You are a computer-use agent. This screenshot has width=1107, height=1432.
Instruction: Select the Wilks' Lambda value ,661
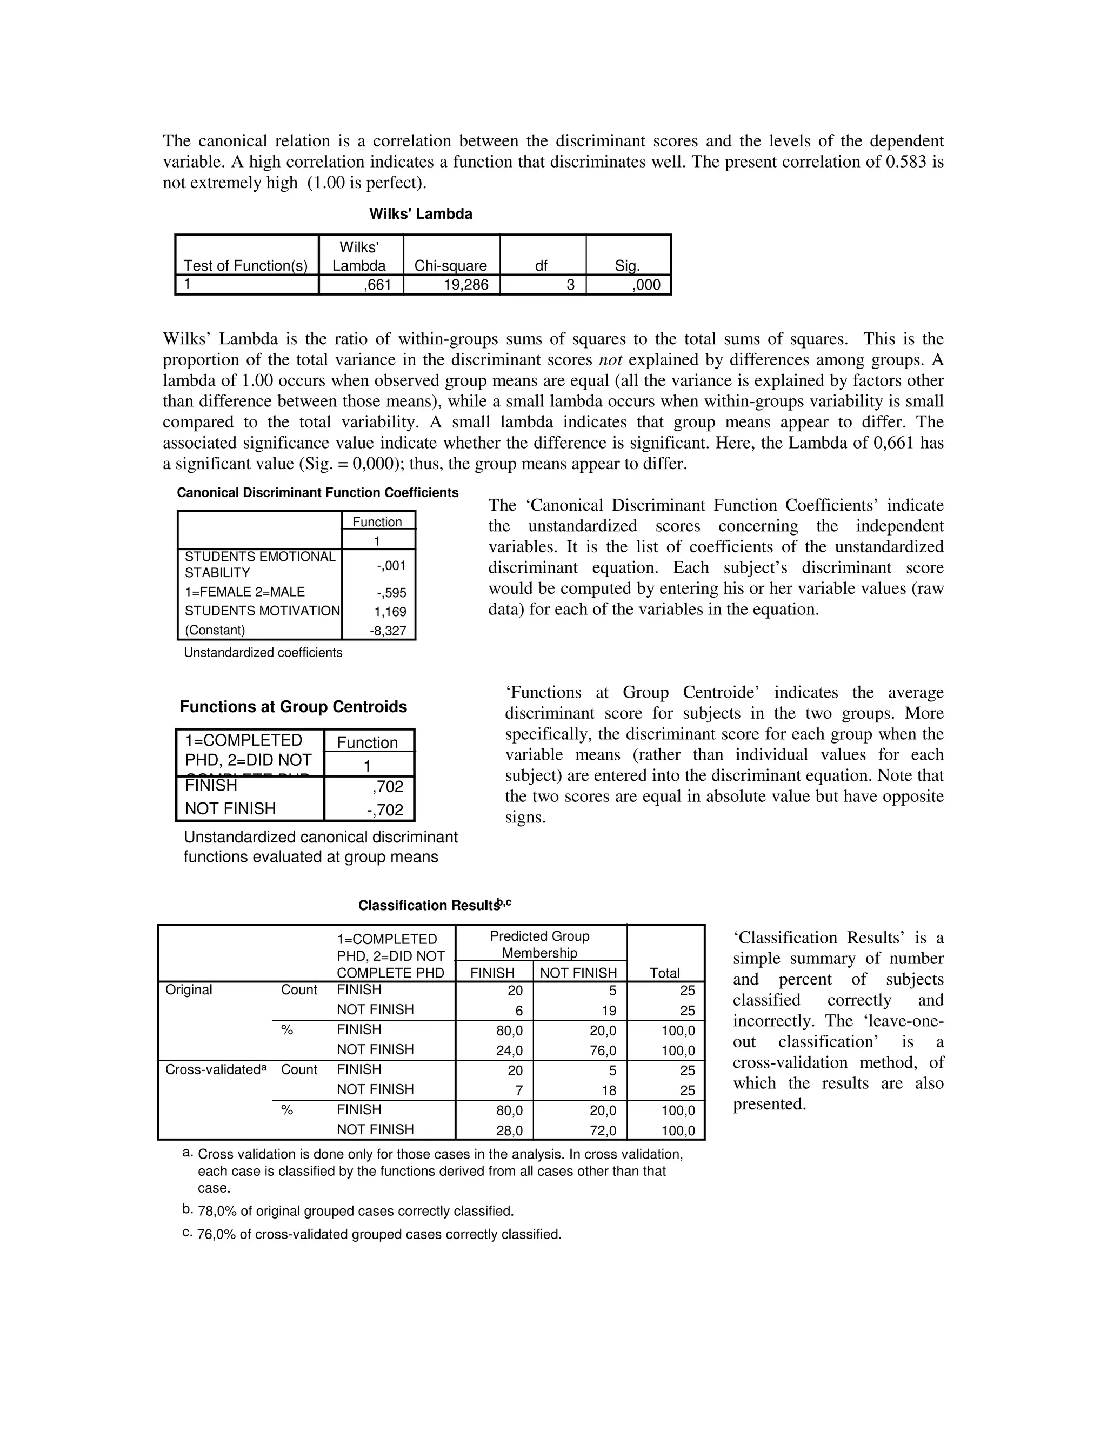coord(378,285)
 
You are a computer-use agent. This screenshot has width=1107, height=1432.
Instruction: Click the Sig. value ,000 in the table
coord(645,285)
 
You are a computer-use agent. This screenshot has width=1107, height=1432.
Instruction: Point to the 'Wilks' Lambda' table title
coord(421,214)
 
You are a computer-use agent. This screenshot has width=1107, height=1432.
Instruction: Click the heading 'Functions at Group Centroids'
coord(293,707)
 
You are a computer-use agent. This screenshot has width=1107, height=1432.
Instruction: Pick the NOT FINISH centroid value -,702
coord(385,810)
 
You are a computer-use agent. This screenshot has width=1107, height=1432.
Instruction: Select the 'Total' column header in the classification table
coord(664,973)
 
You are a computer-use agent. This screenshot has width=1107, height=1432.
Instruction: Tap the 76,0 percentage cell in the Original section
coord(603,1051)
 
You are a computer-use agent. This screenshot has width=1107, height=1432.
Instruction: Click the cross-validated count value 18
coord(609,1090)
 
